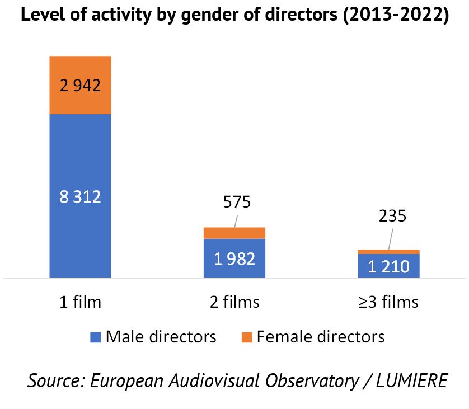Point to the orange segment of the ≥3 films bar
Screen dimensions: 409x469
[388, 252]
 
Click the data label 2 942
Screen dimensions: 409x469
[80, 86]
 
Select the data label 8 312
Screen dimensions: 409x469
[80, 196]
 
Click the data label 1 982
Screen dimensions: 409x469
[234, 258]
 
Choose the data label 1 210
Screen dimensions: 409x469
[388, 266]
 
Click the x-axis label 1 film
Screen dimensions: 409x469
[81, 302]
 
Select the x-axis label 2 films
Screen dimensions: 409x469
[234, 302]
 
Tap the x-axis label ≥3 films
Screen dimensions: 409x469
[388, 302]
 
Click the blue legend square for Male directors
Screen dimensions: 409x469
[95, 337]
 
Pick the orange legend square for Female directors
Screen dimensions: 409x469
[247, 337]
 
